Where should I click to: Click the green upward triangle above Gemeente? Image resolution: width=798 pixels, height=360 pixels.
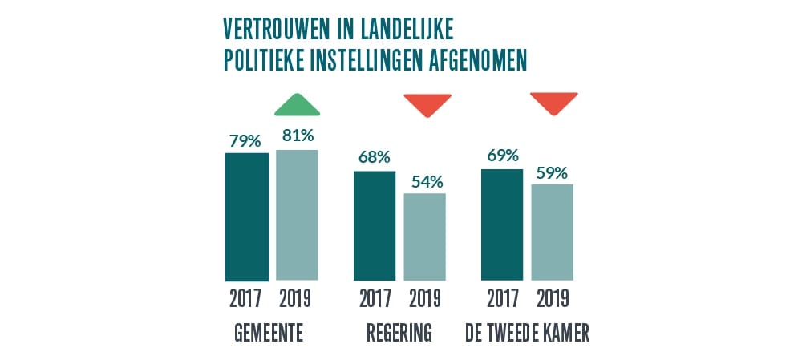(297, 105)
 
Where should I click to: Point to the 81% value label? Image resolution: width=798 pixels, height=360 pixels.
(297, 137)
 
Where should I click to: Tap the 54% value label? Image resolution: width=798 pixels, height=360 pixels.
(426, 181)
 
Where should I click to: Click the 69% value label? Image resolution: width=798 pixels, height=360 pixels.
(501, 156)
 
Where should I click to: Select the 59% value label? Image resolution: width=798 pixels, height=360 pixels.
(552, 172)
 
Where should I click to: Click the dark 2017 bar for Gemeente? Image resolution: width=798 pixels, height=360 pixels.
(246, 216)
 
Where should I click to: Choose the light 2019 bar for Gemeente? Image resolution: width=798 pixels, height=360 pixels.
(297, 215)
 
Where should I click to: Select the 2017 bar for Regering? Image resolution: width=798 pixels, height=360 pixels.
(375, 225)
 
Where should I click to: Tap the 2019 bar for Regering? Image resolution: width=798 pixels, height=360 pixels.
(425, 237)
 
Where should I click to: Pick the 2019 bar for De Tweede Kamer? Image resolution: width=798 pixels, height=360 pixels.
(553, 233)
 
